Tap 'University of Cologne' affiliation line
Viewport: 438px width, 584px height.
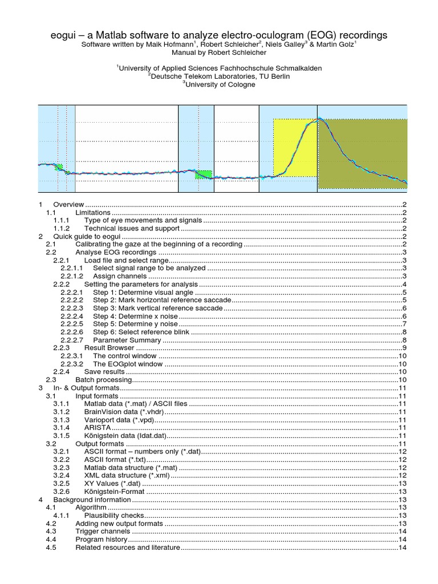(220, 84)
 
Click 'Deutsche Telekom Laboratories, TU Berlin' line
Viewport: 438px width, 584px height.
(220, 76)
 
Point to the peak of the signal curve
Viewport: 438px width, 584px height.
(320, 119)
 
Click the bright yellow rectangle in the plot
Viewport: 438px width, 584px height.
(295, 147)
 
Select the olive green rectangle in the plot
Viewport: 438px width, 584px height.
(362, 153)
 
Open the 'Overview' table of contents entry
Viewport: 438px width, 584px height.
(68, 204)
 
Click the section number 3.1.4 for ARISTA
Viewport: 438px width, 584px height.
(62, 428)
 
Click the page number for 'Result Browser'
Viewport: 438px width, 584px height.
(403, 348)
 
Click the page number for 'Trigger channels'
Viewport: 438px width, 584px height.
(401, 532)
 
